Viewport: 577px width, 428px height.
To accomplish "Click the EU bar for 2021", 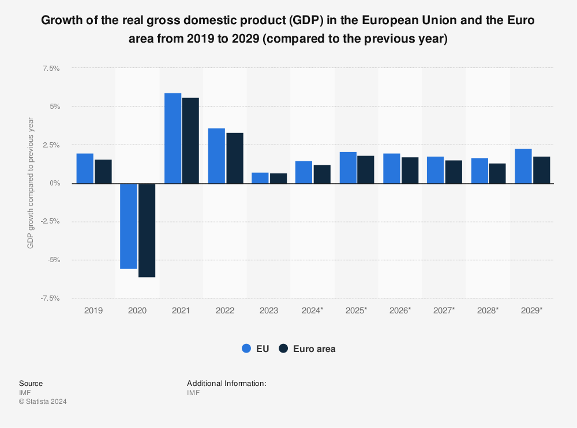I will [173, 138].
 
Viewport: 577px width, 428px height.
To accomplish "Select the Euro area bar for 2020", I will [147, 230].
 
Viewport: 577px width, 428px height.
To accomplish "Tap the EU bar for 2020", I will [129, 226].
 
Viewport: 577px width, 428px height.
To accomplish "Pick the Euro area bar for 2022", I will [234, 158].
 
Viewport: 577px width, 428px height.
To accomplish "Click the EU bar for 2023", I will [260, 178].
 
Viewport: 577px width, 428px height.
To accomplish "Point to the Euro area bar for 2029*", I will [541, 170].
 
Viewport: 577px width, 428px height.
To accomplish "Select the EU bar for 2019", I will [85, 168].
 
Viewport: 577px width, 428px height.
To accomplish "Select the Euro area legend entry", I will [307, 349].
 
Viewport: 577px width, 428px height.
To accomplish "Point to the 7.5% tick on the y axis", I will [51, 68].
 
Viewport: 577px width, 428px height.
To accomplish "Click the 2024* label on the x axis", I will [313, 310].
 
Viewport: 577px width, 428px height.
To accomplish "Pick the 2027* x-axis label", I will [444, 310].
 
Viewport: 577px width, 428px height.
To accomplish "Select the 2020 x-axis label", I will [137, 310].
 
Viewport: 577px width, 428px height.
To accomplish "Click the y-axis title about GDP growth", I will [31, 183].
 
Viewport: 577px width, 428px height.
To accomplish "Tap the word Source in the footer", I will [31, 383].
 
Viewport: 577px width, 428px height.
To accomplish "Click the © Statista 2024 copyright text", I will [43, 402].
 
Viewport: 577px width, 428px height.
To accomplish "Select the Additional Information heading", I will [226, 383].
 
